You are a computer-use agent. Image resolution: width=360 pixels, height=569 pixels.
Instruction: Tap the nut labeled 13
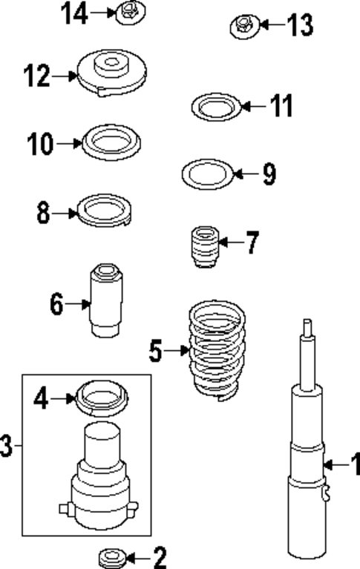[x=243, y=26]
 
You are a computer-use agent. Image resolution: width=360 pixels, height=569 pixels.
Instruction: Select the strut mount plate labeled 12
[x=112, y=73]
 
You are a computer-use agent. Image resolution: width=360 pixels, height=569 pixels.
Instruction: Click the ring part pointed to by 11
[x=217, y=107]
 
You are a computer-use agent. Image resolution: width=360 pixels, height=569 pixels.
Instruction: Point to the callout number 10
[x=41, y=143]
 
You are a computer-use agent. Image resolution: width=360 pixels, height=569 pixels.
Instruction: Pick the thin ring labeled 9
[x=208, y=174]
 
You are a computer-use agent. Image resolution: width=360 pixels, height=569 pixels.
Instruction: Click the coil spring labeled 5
[x=215, y=349]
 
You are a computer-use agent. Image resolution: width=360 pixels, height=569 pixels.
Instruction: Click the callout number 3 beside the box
[x=7, y=446]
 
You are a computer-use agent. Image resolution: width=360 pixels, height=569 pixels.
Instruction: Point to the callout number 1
[x=354, y=465]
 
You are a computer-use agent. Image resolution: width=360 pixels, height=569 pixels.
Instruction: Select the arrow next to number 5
[x=177, y=349]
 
